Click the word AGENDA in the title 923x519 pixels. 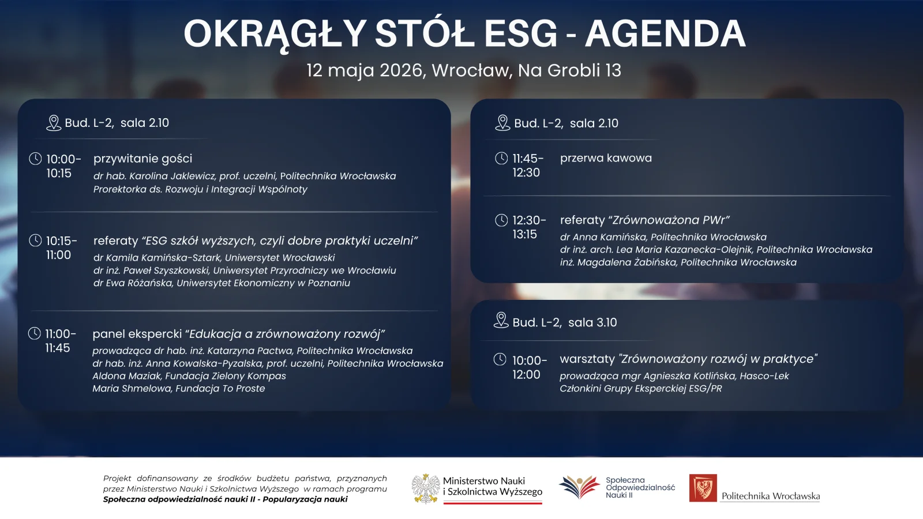coord(665,33)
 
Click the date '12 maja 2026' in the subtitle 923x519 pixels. coord(366,70)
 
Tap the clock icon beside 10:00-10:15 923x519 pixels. coord(35,158)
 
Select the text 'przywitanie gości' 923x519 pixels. coord(142,159)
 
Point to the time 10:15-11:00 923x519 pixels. coord(61,247)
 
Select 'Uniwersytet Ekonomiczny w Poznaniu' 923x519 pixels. coord(263,283)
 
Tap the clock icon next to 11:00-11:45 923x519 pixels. coord(35,333)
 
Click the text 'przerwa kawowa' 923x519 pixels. coord(606,158)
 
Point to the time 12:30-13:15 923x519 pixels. coord(528,227)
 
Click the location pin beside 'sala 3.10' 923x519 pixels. coord(501,321)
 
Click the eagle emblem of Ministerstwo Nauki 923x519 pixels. coord(426,489)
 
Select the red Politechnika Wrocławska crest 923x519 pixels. coord(703,488)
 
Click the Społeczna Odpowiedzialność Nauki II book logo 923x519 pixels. coord(580,487)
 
